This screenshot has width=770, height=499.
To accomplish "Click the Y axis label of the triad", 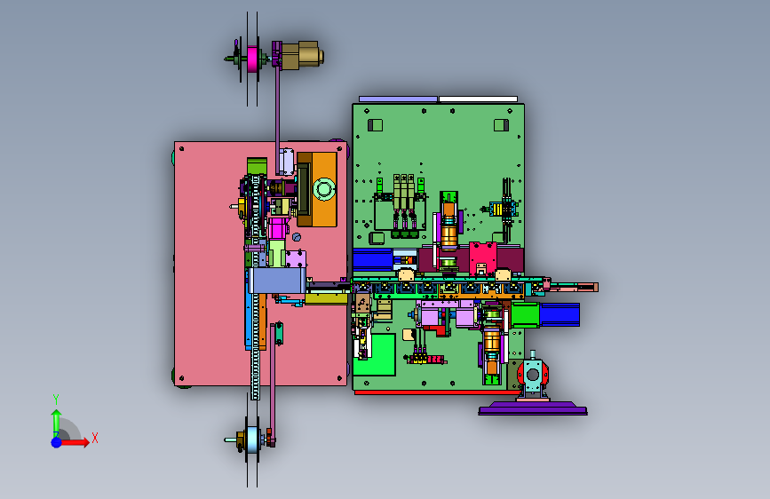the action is pos(56,399).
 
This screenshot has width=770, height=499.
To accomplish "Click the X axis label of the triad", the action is pos(95,438).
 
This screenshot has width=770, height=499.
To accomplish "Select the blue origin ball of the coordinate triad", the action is pos(57,442).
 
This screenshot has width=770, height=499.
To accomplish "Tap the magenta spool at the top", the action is pos(252,59).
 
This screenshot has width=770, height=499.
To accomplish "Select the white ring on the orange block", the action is pos(324,189).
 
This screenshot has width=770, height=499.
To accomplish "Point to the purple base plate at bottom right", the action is pos(533,408).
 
